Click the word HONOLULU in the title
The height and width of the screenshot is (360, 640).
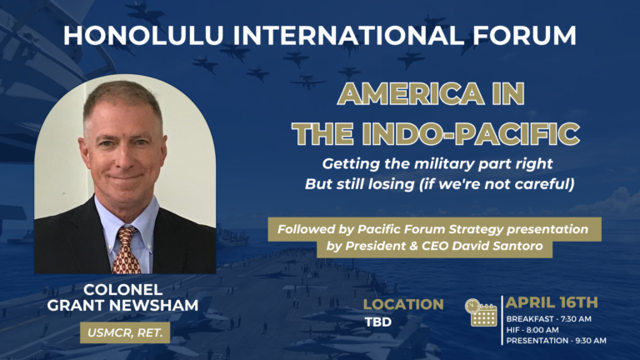click(142, 35)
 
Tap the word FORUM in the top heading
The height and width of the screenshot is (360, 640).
click(524, 35)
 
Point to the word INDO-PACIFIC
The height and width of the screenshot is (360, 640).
click(471, 133)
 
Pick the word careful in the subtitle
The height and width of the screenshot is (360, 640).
click(544, 184)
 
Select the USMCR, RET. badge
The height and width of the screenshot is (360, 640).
click(125, 332)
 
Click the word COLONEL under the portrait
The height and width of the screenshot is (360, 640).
click(122, 290)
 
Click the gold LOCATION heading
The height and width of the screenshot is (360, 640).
click(403, 304)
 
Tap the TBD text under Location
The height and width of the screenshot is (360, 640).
click(378, 322)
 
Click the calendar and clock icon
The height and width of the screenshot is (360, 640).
click(481, 312)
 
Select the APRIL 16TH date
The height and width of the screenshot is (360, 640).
click(552, 302)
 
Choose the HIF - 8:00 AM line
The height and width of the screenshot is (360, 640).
click(532, 330)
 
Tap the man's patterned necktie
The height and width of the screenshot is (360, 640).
click(127, 250)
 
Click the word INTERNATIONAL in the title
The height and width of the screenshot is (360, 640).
click(348, 35)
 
